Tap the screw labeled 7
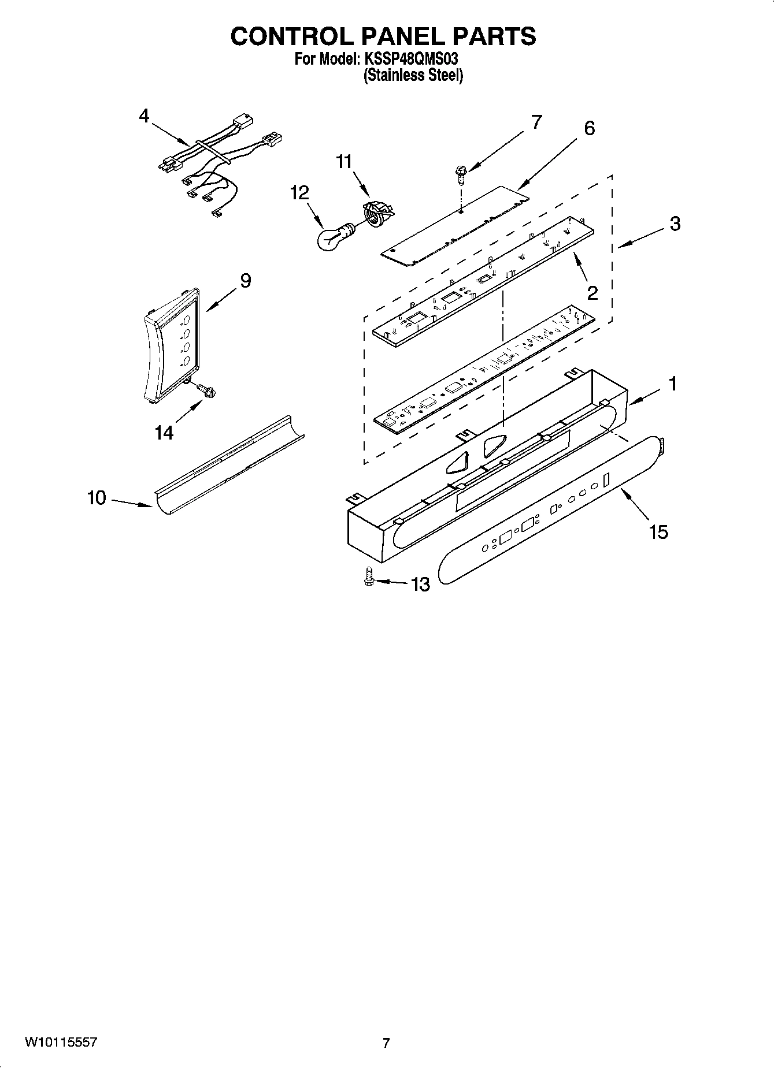[x=461, y=172]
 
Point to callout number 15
[x=658, y=531]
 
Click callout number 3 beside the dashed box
[x=675, y=224]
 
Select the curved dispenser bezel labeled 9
[x=170, y=345]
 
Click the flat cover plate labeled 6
[x=454, y=226]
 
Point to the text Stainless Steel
[x=413, y=75]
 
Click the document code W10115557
[x=61, y=1043]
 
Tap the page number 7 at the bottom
[x=386, y=1043]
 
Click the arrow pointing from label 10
[x=132, y=502]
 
